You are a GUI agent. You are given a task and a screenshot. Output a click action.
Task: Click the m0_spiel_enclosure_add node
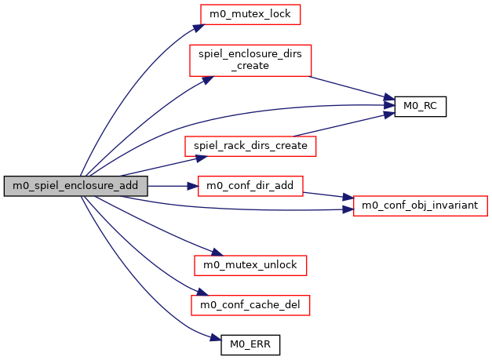(75, 186)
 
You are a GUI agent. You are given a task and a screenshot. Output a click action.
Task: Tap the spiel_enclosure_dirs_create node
(250, 60)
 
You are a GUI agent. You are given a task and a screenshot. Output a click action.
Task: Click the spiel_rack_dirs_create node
(250, 146)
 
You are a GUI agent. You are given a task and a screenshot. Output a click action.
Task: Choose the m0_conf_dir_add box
(250, 186)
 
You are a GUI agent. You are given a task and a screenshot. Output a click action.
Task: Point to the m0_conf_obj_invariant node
(421, 206)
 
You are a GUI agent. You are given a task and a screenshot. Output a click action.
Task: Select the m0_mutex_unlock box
(250, 265)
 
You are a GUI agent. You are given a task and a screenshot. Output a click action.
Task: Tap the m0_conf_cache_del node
(250, 304)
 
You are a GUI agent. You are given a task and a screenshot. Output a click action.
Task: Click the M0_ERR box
(250, 343)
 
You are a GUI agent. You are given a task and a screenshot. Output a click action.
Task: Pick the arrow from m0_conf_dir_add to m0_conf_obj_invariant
(326, 195)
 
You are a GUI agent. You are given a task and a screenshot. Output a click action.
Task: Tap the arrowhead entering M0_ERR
(214, 338)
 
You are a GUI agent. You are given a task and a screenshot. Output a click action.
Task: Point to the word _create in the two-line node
(250, 66)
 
